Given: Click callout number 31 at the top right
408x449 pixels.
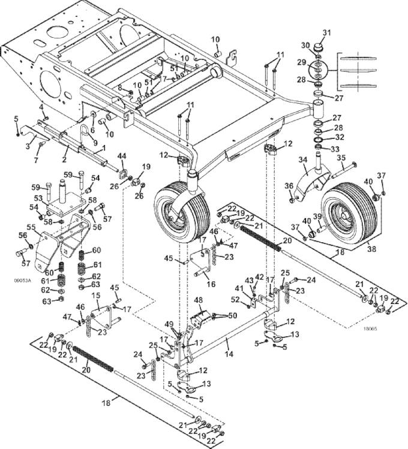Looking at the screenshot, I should (327, 32).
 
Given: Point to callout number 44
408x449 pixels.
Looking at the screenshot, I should (122, 156).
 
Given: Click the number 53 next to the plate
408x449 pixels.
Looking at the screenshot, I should (37, 197).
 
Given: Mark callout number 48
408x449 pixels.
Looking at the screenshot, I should (198, 300).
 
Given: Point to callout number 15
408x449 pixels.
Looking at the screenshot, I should (95, 296).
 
